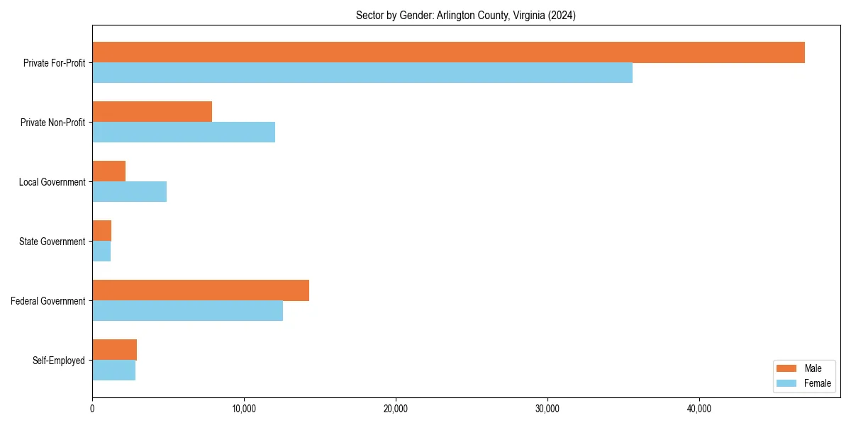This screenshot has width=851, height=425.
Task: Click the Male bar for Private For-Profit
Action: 448,52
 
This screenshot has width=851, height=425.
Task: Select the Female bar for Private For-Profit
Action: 362,73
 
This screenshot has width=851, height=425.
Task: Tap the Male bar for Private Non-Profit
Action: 152,112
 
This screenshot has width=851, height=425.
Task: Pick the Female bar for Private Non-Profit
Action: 184,132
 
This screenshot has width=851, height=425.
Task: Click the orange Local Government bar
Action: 109,171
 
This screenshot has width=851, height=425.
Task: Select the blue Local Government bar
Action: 129,192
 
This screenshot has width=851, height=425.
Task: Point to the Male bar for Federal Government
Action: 201,290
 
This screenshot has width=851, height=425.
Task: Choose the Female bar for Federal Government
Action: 187,311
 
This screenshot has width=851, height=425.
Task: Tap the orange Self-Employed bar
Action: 114,350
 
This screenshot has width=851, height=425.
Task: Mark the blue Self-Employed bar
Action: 113,370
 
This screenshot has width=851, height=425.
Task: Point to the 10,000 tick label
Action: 244,409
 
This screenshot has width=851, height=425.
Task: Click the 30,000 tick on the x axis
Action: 547,409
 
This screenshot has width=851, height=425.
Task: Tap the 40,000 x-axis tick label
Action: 699,409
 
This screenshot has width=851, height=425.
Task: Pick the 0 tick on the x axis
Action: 92,409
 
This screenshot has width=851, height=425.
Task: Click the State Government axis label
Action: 52,242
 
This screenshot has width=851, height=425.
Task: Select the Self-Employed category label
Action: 58,361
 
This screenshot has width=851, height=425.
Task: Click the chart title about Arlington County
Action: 466,16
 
